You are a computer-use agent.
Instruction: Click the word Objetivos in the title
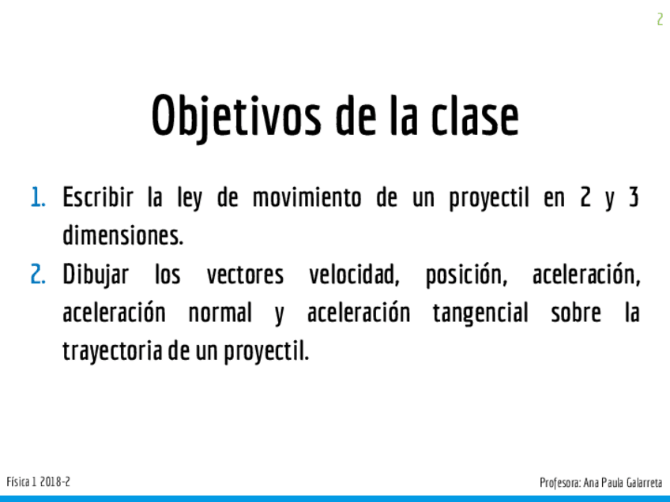click(x=236, y=116)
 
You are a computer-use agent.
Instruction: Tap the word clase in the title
click(x=475, y=115)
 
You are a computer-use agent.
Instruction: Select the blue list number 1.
click(x=38, y=198)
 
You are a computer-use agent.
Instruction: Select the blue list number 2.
click(x=38, y=275)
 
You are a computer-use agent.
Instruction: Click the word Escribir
click(x=98, y=197)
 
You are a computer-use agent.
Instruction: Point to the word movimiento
click(x=307, y=197)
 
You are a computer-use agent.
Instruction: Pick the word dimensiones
click(x=123, y=235)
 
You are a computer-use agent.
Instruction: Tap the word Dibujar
click(x=96, y=275)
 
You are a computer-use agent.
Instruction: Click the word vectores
click(x=245, y=275)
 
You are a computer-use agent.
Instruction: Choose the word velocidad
click(x=354, y=275)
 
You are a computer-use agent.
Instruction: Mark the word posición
click(x=467, y=275)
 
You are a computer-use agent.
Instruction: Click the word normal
click(x=220, y=313)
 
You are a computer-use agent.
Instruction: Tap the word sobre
click(x=575, y=312)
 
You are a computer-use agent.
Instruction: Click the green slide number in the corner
click(x=661, y=19)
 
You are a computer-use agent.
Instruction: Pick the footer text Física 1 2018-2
click(x=38, y=482)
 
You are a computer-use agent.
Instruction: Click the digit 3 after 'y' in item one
click(x=634, y=197)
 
